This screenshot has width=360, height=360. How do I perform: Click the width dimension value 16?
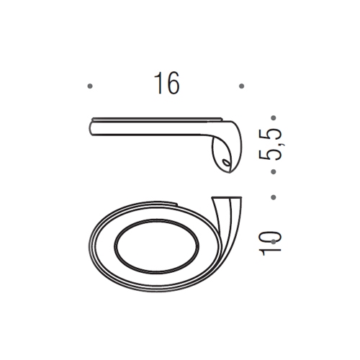point(166,84)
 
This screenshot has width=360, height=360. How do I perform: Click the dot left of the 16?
point(89,86)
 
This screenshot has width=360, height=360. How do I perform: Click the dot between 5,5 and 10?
point(273,196)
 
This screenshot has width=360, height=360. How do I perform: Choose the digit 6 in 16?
point(171,84)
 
